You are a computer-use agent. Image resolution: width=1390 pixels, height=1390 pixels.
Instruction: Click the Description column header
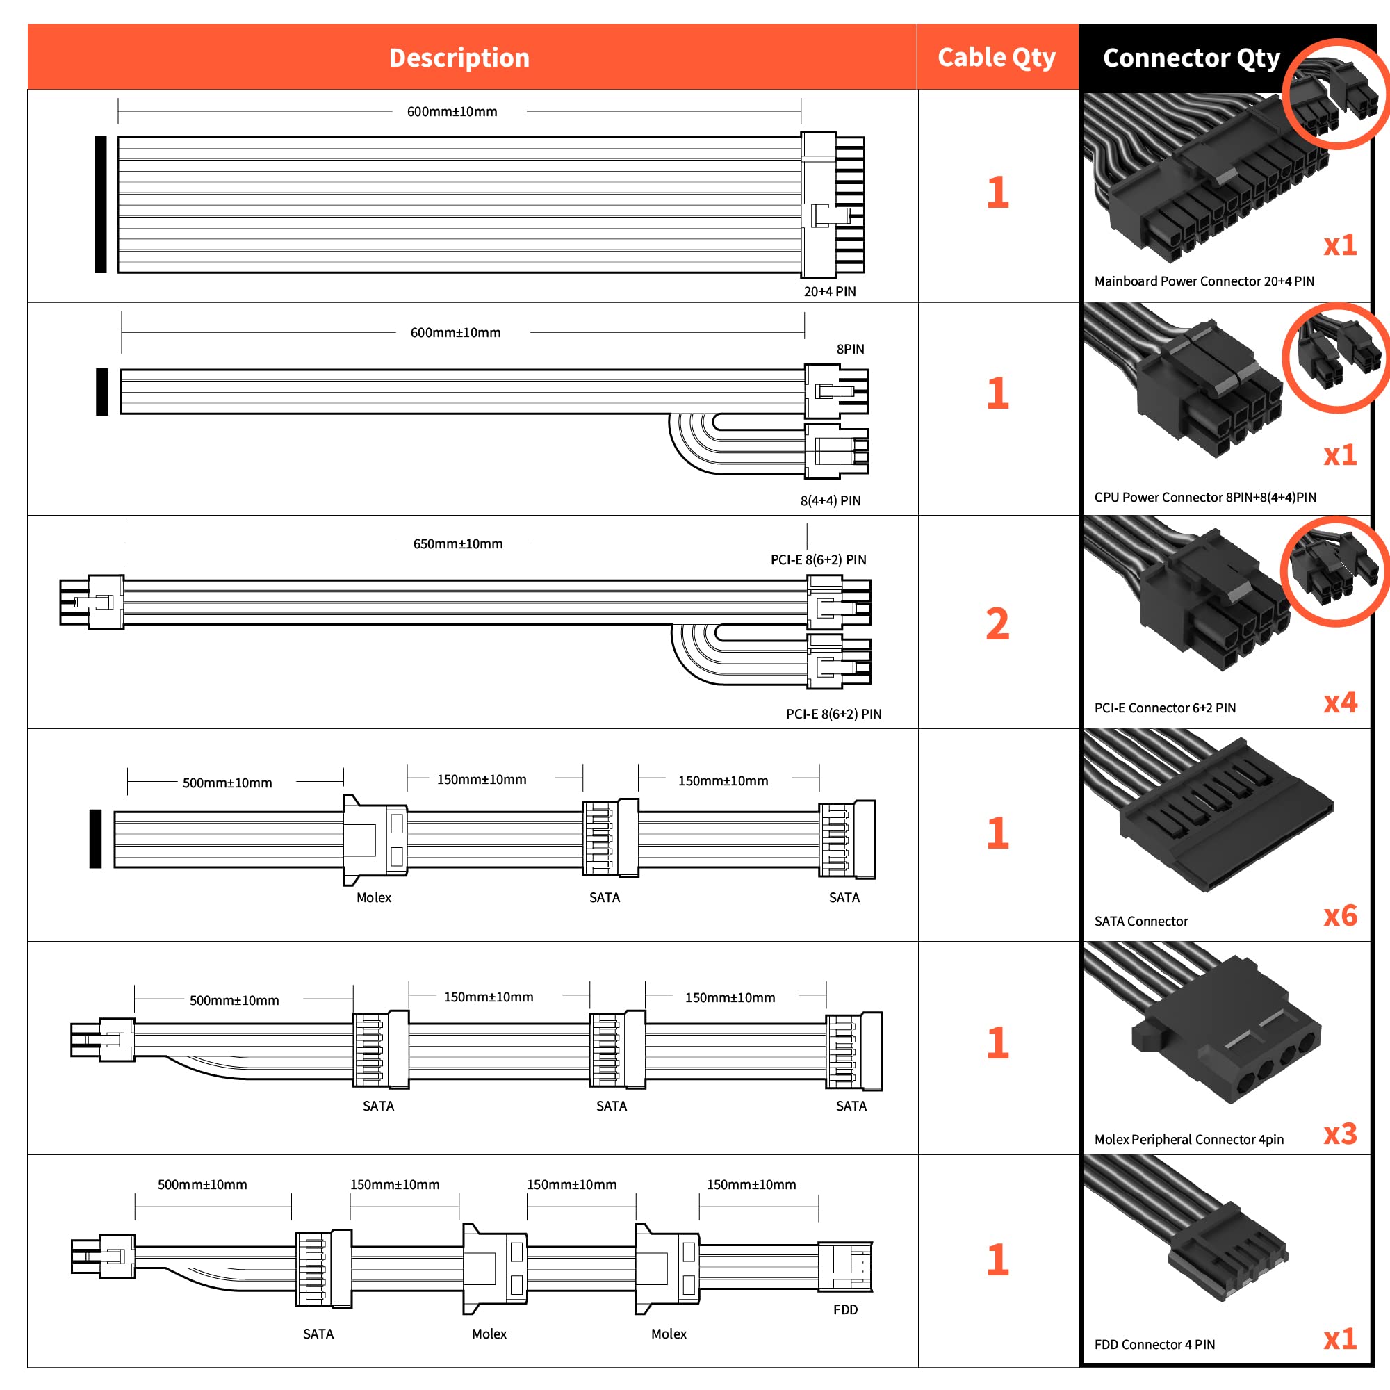coord(459,58)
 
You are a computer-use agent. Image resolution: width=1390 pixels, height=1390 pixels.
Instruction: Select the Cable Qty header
coord(997,58)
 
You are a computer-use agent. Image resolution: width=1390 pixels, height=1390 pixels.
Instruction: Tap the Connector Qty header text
coord(1191,58)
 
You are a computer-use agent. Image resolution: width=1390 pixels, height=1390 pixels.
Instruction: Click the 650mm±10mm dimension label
coord(457,544)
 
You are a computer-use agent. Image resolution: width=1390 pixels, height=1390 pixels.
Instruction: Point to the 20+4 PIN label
coord(830,291)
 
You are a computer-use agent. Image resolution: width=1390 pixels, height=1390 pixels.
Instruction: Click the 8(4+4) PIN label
coord(831,500)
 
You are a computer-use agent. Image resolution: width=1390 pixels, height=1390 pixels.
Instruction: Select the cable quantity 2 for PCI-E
coord(997,624)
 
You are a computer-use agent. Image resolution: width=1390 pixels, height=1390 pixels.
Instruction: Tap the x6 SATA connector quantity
coord(1341,916)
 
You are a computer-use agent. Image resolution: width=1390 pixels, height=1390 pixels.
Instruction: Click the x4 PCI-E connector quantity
coord(1341,702)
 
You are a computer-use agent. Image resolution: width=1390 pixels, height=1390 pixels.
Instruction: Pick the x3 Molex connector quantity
coord(1341,1135)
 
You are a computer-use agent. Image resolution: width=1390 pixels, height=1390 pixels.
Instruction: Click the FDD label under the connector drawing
coord(845,1309)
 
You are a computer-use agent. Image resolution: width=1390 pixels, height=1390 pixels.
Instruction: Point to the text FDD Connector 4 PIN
coord(1154,1345)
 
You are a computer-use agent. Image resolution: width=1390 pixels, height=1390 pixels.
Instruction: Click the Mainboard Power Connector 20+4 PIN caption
coord(1204,281)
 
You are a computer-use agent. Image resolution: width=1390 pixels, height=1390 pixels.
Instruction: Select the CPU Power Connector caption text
coord(1205,497)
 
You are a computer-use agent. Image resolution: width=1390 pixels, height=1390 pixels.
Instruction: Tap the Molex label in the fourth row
coord(374,897)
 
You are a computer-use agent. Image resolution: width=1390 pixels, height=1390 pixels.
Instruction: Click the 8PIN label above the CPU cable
coord(851,349)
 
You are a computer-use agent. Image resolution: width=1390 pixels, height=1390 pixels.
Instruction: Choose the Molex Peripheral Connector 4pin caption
coord(1188,1140)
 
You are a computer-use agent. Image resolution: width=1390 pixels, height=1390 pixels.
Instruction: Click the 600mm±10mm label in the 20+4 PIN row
coord(452,111)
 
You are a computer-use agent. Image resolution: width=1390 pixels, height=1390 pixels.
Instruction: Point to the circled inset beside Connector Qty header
coord(1336,94)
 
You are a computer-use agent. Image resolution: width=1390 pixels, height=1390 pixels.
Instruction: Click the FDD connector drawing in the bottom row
coord(845,1266)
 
